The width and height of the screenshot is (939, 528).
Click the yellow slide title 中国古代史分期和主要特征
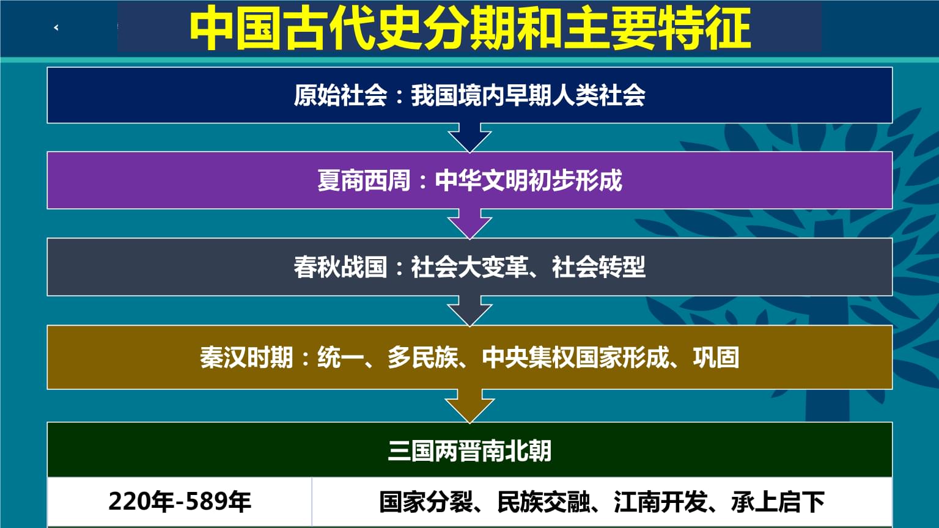click(x=470, y=29)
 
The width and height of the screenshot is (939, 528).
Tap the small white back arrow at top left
click(x=56, y=28)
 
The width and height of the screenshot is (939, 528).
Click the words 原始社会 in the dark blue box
click(x=341, y=95)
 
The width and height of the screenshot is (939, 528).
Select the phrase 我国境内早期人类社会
click(x=528, y=95)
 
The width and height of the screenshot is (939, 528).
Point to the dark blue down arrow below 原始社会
click(x=469, y=137)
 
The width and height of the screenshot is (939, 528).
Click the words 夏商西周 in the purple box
click(x=364, y=181)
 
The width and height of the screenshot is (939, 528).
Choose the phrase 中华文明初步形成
click(x=529, y=181)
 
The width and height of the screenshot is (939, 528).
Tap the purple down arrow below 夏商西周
click(x=469, y=223)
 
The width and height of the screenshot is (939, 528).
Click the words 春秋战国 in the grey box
click(x=341, y=267)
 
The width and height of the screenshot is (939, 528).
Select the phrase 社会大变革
click(x=469, y=267)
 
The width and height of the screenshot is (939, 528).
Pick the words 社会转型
click(x=598, y=267)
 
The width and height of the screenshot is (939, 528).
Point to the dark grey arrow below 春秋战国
click(x=469, y=310)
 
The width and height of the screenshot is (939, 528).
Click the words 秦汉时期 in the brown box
click(x=246, y=358)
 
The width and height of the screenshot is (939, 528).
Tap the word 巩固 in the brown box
click(x=716, y=358)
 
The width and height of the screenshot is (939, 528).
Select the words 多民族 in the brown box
click(x=422, y=358)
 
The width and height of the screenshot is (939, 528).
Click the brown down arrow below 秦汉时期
click(x=469, y=406)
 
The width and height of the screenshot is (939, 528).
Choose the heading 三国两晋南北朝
click(x=469, y=452)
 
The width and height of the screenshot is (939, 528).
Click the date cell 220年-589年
click(x=180, y=502)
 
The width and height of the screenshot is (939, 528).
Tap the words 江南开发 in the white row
click(x=661, y=502)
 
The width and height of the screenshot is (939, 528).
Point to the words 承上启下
click(x=778, y=502)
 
